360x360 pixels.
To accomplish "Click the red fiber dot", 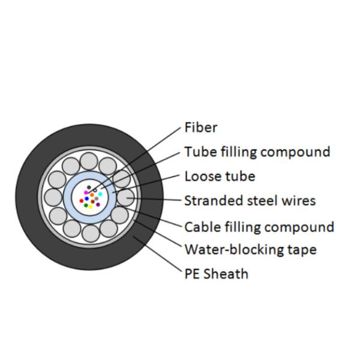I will (82, 201).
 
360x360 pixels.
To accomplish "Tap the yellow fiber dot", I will (91, 206).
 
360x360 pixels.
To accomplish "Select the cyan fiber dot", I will (100, 194).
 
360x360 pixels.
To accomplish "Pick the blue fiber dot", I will (86, 199).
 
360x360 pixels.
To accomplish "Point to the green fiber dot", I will (86, 205).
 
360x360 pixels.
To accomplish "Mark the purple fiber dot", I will (98, 205).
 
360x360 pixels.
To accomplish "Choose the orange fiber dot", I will (92, 194).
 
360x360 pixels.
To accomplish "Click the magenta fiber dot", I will (86, 193).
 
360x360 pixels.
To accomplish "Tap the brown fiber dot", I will (93, 202).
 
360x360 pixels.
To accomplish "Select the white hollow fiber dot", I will (95, 190).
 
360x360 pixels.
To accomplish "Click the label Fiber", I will (200, 127).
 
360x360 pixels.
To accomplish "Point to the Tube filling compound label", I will (257, 151).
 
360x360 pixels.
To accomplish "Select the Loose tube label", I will (219, 176).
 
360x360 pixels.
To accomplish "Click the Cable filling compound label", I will (259, 227).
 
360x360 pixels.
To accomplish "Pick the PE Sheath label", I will (216, 274).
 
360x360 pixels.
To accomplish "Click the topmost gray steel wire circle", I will (89, 160).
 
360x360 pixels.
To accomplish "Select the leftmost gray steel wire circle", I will (53, 197).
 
